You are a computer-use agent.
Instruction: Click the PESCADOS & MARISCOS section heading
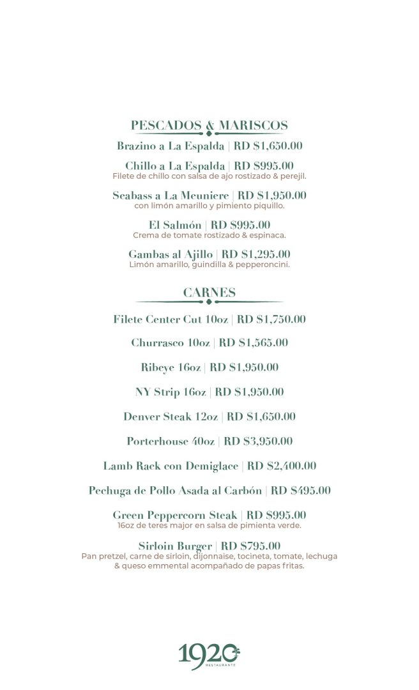click(209, 125)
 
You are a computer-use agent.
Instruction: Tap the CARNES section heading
click(209, 293)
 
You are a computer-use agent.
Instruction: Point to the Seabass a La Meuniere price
click(272, 195)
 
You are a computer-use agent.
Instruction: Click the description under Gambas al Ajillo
click(209, 264)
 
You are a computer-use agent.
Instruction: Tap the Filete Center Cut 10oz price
click(271, 319)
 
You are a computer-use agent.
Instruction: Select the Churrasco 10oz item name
click(171, 343)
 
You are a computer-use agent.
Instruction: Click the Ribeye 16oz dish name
click(171, 367)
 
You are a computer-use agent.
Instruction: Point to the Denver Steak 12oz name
click(171, 417)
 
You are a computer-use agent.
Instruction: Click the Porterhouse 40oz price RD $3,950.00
click(258, 441)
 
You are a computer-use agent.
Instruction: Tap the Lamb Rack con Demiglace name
click(171, 466)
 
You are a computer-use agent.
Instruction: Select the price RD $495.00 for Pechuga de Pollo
click(301, 491)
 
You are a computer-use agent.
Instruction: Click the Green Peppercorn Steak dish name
click(174, 515)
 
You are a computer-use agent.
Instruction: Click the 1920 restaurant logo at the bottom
click(209, 656)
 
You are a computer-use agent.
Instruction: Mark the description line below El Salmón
click(209, 235)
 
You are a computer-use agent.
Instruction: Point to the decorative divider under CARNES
click(209, 302)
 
